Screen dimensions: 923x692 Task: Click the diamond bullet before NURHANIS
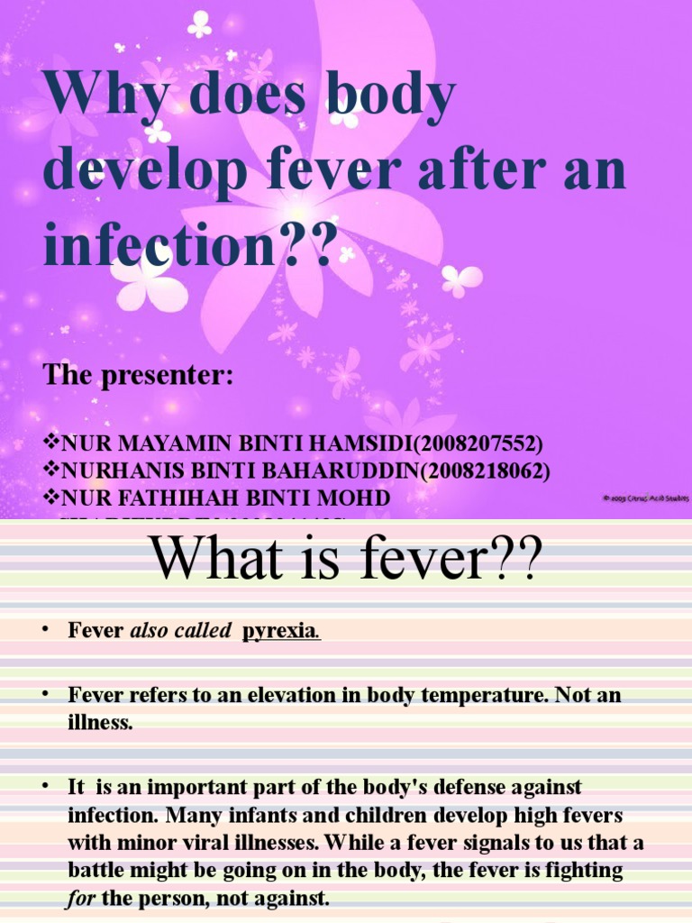click(50, 471)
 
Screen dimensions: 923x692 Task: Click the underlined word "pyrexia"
click(278, 632)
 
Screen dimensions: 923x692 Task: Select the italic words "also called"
click(181, 632)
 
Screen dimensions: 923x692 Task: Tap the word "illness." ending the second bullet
click(100, 724)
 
